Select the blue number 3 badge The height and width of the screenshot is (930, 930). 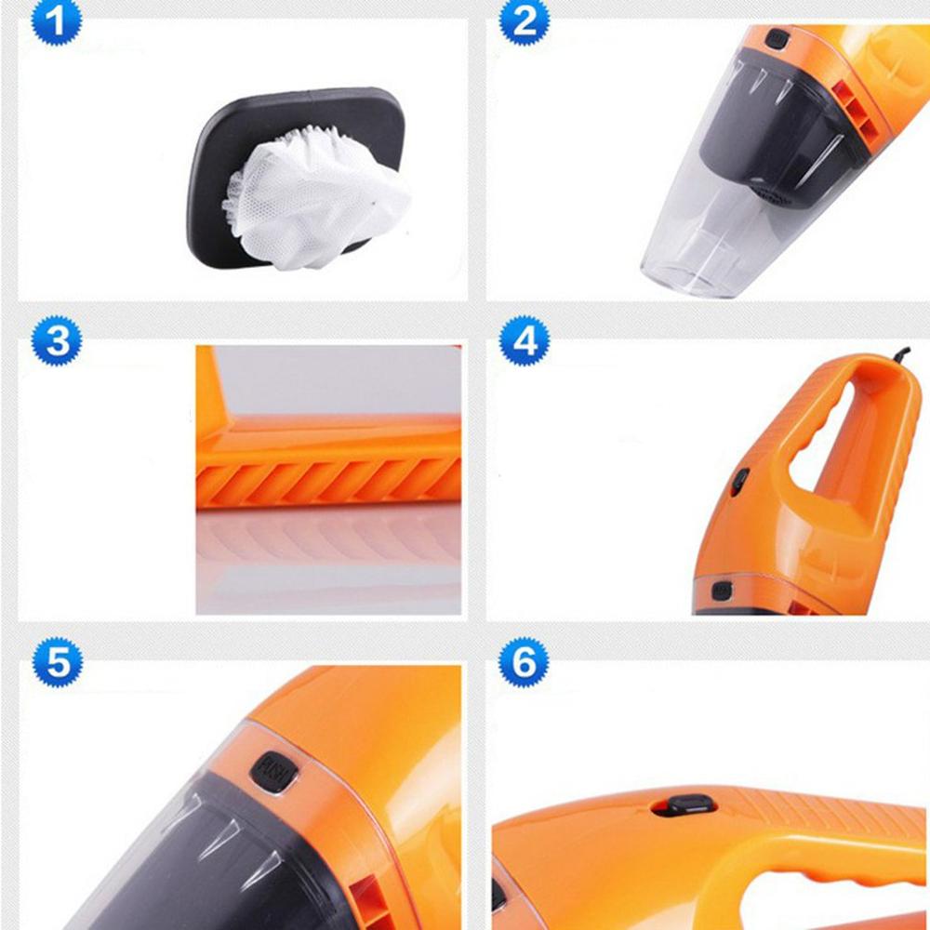tap(57, 341)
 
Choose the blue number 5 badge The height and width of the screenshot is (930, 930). tap(57, 662)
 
